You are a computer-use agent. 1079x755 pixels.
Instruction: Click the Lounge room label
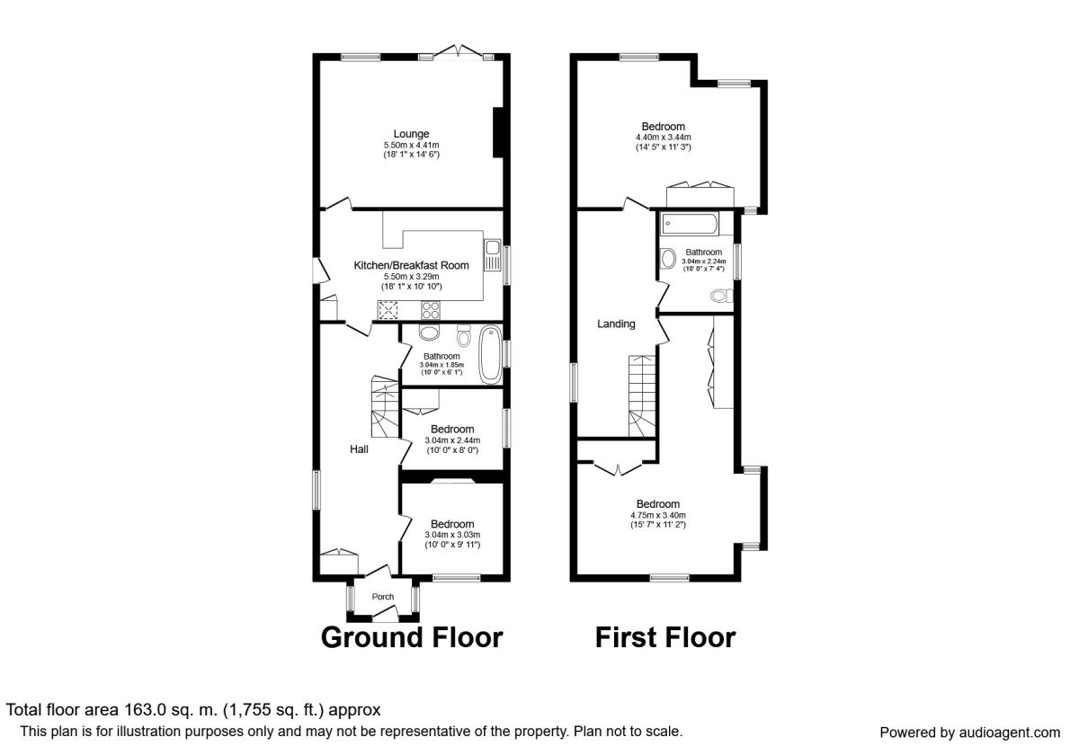tap(411, 134)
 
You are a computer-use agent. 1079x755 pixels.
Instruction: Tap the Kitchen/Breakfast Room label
tap(411, 265)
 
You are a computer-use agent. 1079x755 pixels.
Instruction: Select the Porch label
tap(382, 597)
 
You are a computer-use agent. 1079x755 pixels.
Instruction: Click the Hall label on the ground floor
tap(359, 449)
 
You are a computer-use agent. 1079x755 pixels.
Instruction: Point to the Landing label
tap(616, 324)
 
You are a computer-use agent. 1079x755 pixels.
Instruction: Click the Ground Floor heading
tap(412, 637)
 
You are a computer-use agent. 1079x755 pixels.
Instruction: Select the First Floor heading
tap(665, 637)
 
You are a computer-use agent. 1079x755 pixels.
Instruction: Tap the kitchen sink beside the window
tap(493, 254)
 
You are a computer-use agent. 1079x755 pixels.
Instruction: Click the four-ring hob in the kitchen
tap(430, 309)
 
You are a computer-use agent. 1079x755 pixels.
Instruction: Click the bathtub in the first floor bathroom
tap(690, 224)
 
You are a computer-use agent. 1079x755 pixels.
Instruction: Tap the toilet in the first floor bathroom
tap(721, 296)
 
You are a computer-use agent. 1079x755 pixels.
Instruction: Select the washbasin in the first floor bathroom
tap(668, 258)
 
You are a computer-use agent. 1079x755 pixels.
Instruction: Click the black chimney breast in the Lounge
tap(498, 132)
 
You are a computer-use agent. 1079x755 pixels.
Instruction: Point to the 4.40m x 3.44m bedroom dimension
tap(663, 138)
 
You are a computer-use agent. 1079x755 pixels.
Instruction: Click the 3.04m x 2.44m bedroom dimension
tap(452, 440)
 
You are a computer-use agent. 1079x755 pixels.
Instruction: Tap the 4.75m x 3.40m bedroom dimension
tap(658, 515)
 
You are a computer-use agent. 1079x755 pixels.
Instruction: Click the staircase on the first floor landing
tap(642, 395)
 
